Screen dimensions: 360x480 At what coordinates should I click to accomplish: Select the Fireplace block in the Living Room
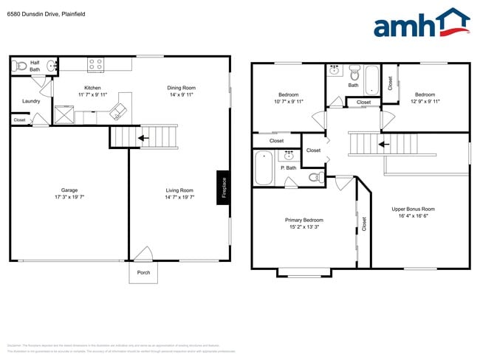point(222,186)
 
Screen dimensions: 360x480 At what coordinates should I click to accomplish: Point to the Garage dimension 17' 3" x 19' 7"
point(69,197)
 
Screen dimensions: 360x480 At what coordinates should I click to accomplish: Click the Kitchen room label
point(92,88)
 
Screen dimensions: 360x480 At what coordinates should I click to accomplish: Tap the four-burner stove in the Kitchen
point(95,65)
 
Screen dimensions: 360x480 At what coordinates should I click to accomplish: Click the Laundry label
point(31,101)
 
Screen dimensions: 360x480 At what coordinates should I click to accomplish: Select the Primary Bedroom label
point(304,220)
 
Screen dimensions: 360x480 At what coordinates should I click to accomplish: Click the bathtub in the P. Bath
point(263,169)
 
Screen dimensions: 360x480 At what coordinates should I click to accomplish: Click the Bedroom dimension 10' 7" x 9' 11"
point(289,101)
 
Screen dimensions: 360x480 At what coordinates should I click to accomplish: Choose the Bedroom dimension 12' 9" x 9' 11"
point(425,101)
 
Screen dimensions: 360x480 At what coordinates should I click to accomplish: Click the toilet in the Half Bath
point(20,65)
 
